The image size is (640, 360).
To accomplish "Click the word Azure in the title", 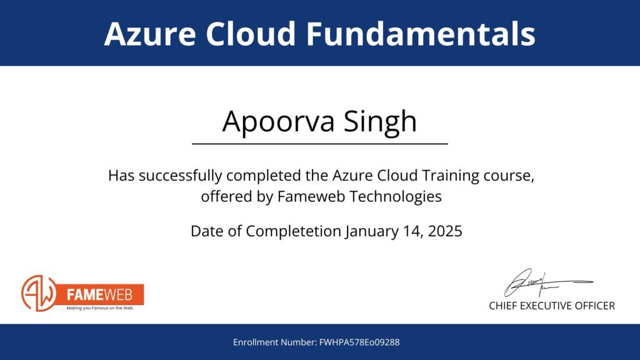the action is pos(150,34).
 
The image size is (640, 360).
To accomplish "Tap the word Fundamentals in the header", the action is pos(421,34).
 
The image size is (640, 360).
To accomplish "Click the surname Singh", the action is pos(380,122).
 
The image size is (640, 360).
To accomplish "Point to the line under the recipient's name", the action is pos(320,144).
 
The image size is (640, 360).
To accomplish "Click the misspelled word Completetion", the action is pos(293,231).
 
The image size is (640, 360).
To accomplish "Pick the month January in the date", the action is pos(372,231).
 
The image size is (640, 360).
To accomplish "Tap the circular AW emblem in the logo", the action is pos(39,293).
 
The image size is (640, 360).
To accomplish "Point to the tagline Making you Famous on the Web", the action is pos(99,308).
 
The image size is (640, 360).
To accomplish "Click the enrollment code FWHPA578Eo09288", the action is pos(359,342).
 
